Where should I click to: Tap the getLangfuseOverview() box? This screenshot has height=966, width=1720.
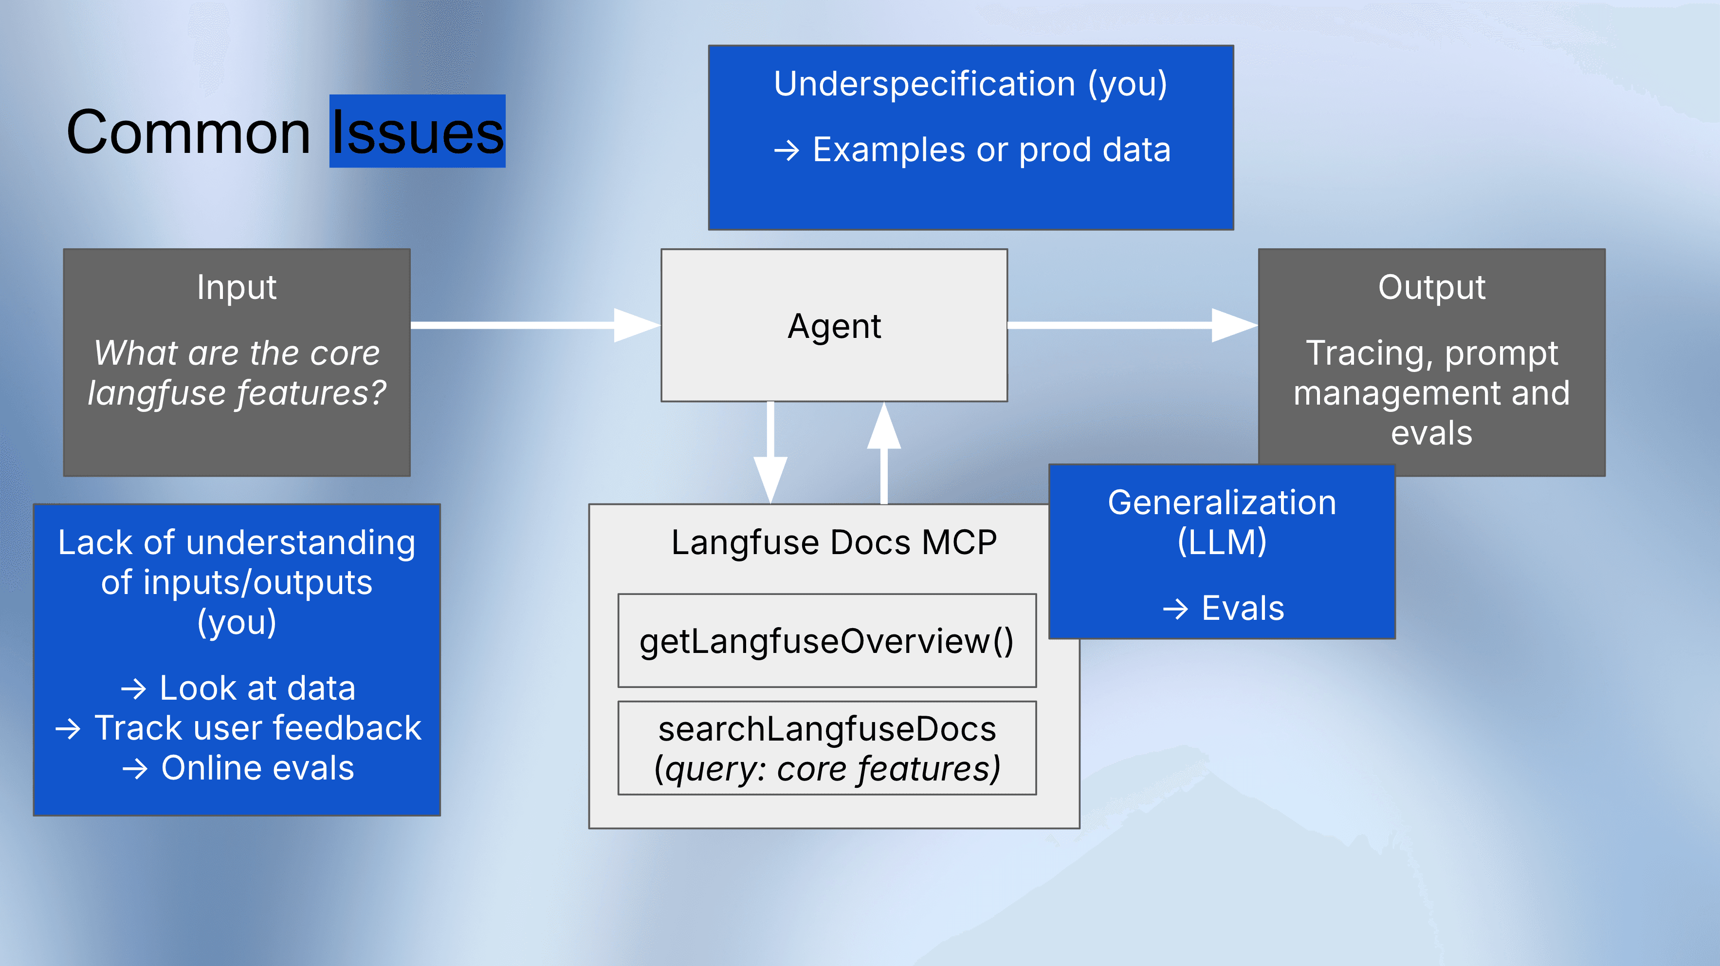(x=826, y=641)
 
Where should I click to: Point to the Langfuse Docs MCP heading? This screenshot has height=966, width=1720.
(x=833, y=542)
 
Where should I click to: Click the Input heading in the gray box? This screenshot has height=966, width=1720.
(x=237, y=287)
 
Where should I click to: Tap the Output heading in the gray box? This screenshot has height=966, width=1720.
(x=1431, y=287)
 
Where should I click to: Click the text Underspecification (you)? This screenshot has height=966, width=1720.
(x=970, y=84)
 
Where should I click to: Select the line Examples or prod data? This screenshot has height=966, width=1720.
(x=971, y=149)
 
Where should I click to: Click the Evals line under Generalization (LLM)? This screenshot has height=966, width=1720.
(x=1223, y=608)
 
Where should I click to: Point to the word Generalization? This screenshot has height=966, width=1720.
(x=1222, y=502)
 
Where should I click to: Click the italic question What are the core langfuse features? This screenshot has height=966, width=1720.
(x=237, y=373)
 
